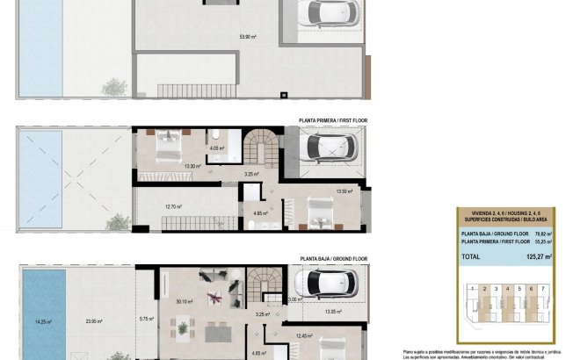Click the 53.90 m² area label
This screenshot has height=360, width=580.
(x=249, y=36)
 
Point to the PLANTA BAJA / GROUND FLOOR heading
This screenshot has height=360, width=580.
(x=333, y=259)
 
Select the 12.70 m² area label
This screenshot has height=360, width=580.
(x=173, y=207)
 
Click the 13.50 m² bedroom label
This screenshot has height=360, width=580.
(x=344, y=191)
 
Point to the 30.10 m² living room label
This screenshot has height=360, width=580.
(x=185, y=301)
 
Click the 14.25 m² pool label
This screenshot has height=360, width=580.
(x=43, y=321)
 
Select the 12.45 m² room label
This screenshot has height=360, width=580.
(x=304, y=335)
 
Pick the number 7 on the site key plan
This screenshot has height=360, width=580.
(x=544, y=288)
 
